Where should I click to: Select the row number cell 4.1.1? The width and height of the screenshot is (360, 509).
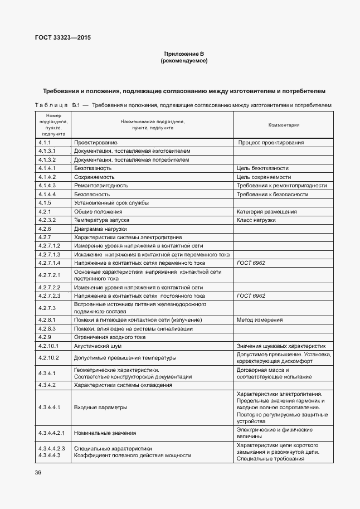[x=45, y=143]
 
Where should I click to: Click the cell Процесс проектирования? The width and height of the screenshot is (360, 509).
[x=271, y=143]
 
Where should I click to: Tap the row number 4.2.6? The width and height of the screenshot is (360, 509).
[x=45, y=229]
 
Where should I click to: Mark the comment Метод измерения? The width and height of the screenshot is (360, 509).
[x=260, y=320]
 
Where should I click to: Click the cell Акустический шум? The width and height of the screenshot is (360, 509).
[x=98, y=346]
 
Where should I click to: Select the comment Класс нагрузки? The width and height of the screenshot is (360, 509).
[x=256, y=220]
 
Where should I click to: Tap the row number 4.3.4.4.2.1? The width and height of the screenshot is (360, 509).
[x=52, y=433]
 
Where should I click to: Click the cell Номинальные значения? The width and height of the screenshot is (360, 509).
[x=105, y=433]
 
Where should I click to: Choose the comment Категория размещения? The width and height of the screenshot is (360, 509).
[x=266, y=212]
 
